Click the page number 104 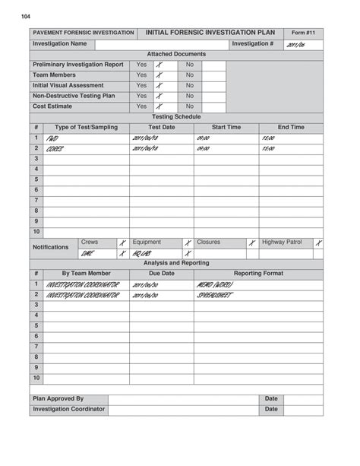pyautogui.click(x=27, y=16)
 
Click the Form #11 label pyautogui.click(x=303, y=33)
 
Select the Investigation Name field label pyautogui.click(x=60, y=44)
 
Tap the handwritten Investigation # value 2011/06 pyautogui.click(x=295, y=46)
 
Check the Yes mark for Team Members pyautogui.click(x=159, y=76)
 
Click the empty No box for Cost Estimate pyautogui.click(x=213, y=107)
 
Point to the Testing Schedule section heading pyautogui.click(x=176, y=117)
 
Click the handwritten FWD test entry pyautogui.click(x=52, y=139)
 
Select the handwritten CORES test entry pyautogui.click(x=55, y=150)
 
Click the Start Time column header pyautogui.click(x=226, y=128)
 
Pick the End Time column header pyautogui.click(x=291, y=128)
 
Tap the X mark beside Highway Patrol pyautogui.click(x=318, y=243)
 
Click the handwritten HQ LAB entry pyautogui.click(x=142, y=254)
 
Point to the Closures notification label pyautogui.click(x=208, y=243)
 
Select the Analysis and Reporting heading pyautogui.click(x=176, y=263)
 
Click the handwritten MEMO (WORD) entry pyautogui.click(x=214, y=285)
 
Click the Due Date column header pyautogui.click(x=161, y=274)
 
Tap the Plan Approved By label pyautogui.click(x=58, y=399)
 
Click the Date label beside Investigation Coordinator pyautogui.click(x=271, y=410)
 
